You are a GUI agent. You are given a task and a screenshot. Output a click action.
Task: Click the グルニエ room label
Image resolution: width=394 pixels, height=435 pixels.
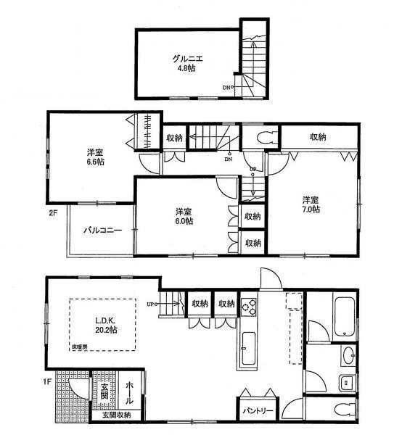(186, 58)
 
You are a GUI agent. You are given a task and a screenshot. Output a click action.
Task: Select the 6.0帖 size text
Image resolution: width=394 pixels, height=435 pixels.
(184, 221)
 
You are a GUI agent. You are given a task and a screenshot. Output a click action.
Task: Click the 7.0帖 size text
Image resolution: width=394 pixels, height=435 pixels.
(312, 208)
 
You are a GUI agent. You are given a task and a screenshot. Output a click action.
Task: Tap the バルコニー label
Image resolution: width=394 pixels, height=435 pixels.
(101, 230)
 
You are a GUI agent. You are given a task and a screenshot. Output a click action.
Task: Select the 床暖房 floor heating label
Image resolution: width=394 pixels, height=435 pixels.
(79, 347)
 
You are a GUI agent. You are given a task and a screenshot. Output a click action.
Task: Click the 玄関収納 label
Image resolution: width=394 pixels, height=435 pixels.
(116, 415)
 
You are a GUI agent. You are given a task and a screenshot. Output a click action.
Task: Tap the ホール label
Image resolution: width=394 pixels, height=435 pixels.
(129, 392)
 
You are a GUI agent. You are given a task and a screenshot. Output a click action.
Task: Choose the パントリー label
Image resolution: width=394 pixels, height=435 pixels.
(257, 410)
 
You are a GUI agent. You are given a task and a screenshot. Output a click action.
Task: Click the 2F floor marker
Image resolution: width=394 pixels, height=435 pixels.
(52, 213)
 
